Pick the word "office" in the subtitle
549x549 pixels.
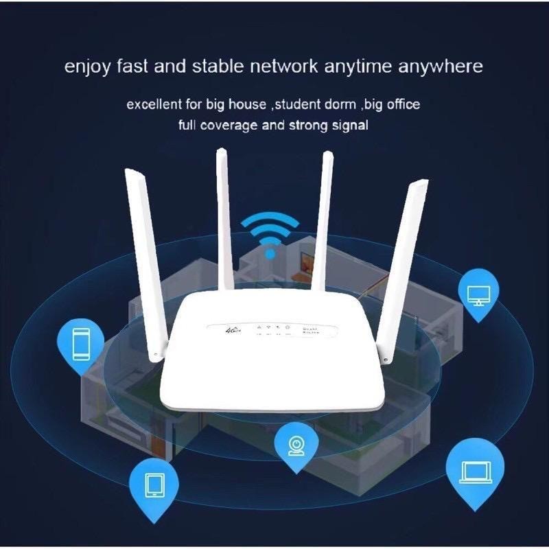pyautogui.click(x=401, y=105)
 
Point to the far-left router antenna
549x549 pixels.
pyautogui.click(x=143, y=261)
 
